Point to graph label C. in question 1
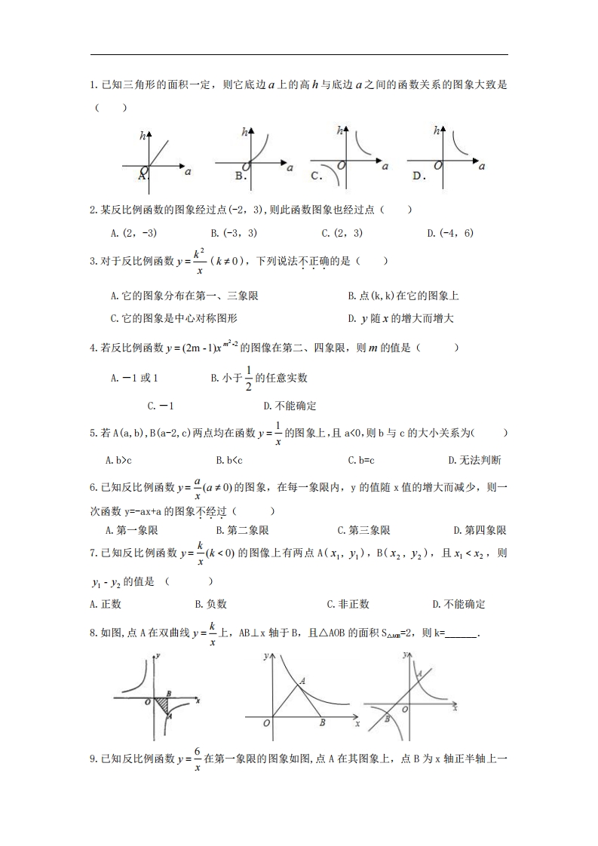(317, 176)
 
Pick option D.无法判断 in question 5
(474, 459)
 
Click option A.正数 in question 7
(105, 604)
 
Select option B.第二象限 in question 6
(242, 530)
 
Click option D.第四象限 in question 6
(480, 530)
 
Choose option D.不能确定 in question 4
(290, 406)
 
